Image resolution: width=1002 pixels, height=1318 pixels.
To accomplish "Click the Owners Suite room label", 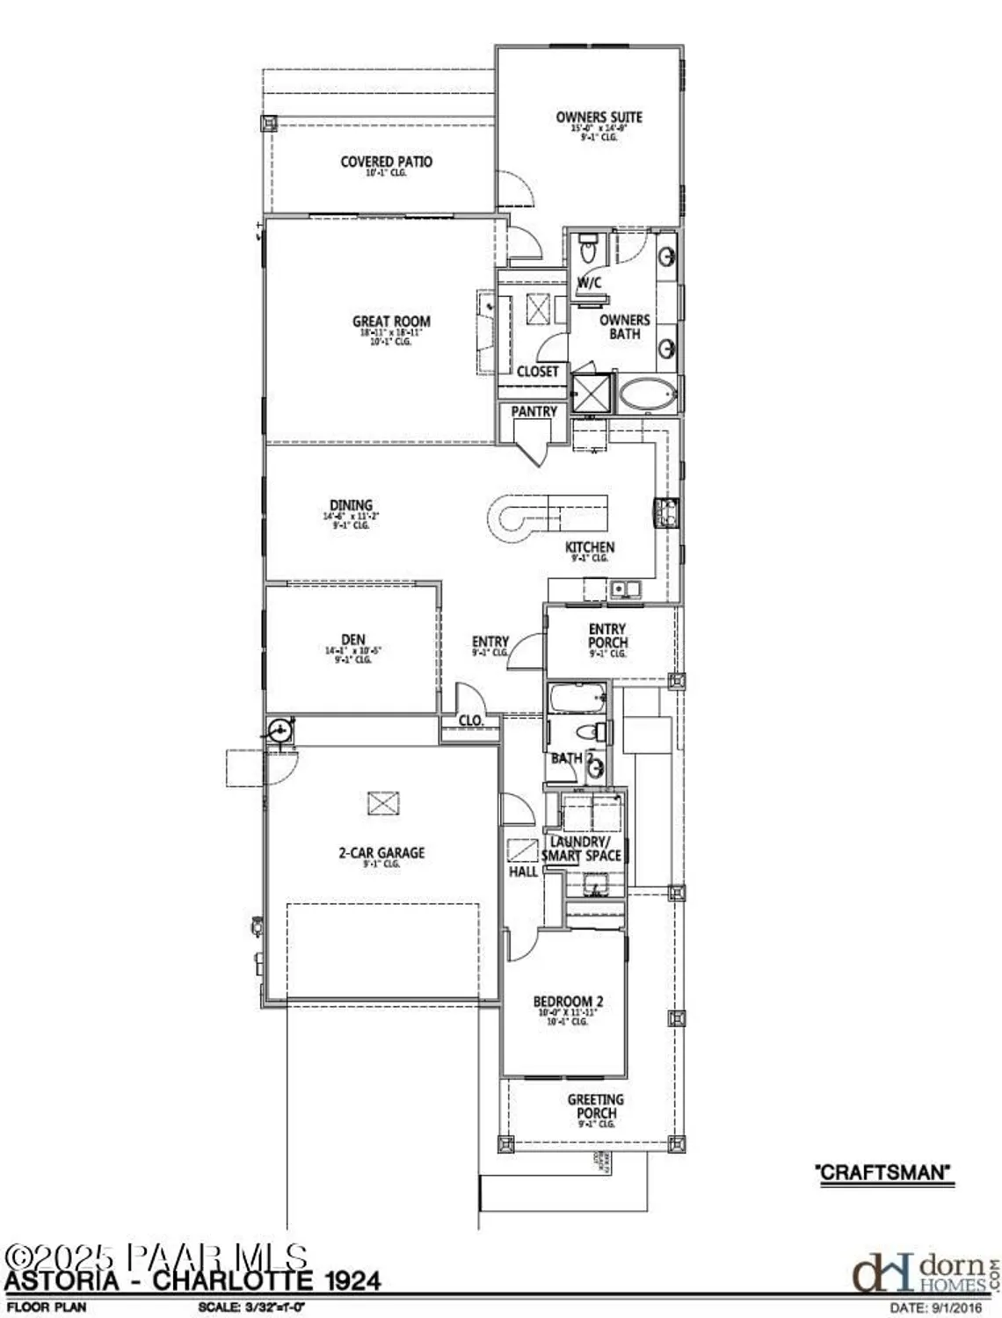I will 599,118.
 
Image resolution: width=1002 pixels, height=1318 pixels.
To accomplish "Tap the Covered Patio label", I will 386,162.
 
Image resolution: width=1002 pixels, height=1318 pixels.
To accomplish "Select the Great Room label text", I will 391,322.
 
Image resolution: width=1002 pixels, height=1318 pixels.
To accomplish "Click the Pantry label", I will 534,411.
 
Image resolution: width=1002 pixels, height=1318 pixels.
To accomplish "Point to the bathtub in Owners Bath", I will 649,395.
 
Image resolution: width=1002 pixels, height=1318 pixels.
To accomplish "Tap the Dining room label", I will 351,505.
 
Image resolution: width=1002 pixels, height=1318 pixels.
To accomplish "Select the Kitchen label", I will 589,547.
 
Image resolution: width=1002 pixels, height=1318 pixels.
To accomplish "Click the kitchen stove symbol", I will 664,512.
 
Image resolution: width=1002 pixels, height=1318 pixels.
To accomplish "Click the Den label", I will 353,640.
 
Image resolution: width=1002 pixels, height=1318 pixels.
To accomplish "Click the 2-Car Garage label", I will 381,852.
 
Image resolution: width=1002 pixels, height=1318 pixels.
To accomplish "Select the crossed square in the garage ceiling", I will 382,803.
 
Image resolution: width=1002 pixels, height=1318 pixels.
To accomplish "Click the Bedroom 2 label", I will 568,1002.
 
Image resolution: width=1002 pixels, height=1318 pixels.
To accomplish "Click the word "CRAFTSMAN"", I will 884,1172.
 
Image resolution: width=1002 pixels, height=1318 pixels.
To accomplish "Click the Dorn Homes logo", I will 924,1272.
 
